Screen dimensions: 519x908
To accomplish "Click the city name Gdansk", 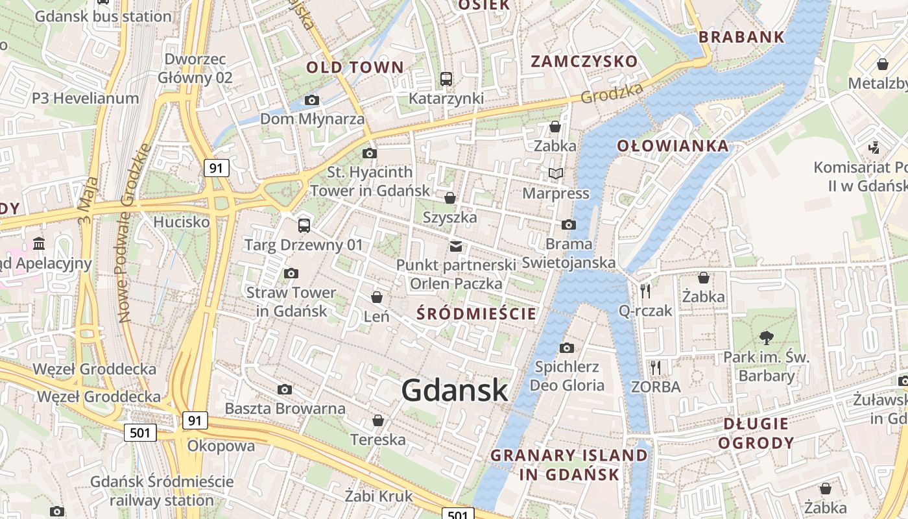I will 454,391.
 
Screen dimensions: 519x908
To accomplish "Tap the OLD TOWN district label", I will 355,67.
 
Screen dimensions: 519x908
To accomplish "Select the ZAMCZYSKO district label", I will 584,62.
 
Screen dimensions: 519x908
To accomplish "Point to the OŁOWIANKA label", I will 673,146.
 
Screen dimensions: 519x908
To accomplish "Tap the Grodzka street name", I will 611,93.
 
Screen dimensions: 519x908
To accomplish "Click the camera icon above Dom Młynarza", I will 312,100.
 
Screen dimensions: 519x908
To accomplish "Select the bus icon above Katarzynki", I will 446,79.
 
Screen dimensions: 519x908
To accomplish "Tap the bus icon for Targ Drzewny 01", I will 304,226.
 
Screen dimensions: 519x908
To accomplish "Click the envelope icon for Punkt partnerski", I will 456,247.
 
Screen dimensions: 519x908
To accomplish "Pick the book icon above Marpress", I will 556,174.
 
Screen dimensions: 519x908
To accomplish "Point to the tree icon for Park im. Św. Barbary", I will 767,337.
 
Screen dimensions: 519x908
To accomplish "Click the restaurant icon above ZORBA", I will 656,368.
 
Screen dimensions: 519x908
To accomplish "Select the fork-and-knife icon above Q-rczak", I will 645,291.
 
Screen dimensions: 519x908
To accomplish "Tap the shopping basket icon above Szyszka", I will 449,198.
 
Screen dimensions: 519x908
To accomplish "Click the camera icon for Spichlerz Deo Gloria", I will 566,348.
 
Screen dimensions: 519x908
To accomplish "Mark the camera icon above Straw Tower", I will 291,273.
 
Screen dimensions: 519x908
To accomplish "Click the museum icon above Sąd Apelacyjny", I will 39,244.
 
